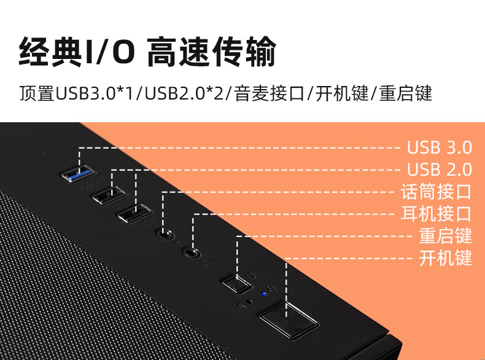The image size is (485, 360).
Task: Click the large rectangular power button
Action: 288,320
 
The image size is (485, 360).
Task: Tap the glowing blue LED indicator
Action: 265,292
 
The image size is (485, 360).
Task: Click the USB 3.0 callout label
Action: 440,148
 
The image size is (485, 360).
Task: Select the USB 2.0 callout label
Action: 440,170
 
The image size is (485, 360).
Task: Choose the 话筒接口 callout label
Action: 436,192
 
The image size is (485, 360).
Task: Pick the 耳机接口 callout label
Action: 436,214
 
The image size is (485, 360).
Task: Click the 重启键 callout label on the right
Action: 445,236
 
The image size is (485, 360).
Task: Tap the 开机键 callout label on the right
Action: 445,258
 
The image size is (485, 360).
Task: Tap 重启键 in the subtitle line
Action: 406,94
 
